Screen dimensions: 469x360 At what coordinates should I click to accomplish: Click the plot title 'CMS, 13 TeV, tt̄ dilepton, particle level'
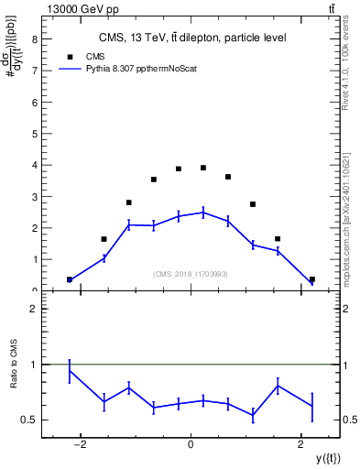click(x=191, y=38)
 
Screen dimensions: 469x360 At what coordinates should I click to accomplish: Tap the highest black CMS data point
click(x=203, y=168)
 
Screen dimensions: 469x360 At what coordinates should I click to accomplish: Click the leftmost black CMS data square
click(x=70, y=279)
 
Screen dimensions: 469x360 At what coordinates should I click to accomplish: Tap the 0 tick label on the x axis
click(x=191, y=445)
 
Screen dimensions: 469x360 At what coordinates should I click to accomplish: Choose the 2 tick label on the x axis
click(x=300, y=445)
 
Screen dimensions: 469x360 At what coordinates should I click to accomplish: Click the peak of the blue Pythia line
click(x=203, y=212)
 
